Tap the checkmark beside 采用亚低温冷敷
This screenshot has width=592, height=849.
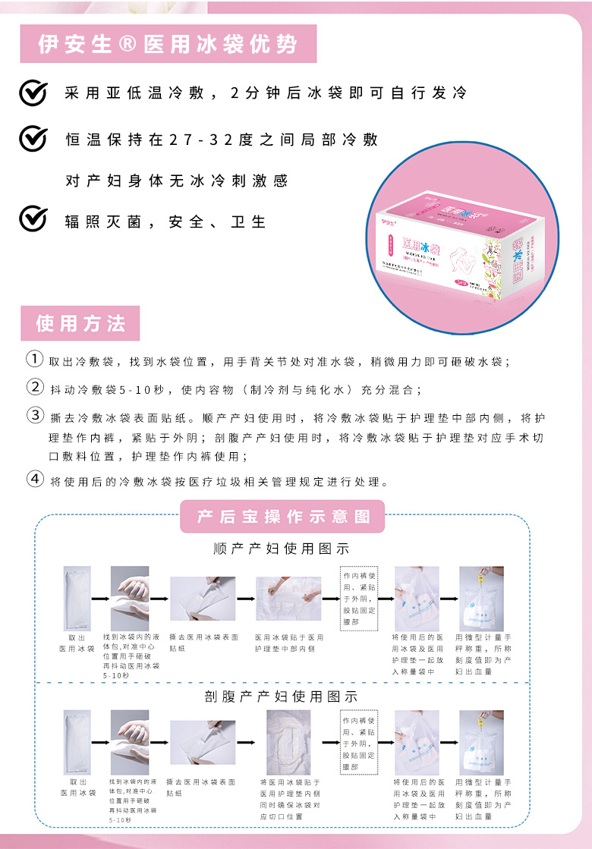coord(33,93)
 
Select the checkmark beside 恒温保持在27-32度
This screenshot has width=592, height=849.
coord(33,140)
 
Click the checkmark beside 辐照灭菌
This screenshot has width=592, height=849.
coord(33,219)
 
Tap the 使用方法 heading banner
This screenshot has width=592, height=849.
coord(80,323)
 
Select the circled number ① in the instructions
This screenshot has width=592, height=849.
coord(35,359)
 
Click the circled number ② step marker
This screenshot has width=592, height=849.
coord(35,387)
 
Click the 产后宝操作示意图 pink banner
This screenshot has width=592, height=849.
coord(282,517)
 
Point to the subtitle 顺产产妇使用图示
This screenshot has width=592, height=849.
coord(282,549)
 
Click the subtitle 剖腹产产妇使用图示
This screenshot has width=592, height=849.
coord(282,695)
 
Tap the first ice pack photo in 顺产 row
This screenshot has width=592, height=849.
coord(77,599)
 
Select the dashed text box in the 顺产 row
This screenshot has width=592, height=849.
coord(359,598)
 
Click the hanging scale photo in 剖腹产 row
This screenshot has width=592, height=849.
coord(481,742)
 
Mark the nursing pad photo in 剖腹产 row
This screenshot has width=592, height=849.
coord(288,742)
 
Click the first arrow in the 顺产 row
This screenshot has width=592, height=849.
coord(100,599)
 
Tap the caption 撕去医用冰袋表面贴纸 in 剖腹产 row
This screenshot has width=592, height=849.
coord(202,787)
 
